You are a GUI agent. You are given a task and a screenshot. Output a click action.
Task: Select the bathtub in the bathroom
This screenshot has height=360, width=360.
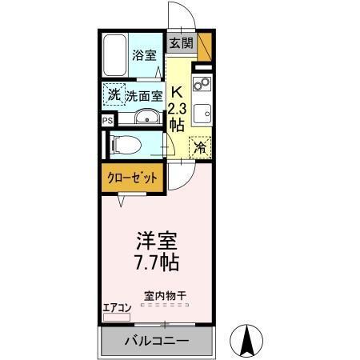click(x=117, y=56)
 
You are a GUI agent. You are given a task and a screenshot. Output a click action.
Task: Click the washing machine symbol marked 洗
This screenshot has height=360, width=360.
click(x=114, y=95)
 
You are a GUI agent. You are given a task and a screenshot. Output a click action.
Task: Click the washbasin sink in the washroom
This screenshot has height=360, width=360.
click(x=146, y=119)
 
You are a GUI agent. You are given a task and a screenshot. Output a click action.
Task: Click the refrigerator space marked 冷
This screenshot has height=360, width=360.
click(x=200, y=147)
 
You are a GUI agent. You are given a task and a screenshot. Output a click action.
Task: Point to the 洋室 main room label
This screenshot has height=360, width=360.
click(x=155, y=239)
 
